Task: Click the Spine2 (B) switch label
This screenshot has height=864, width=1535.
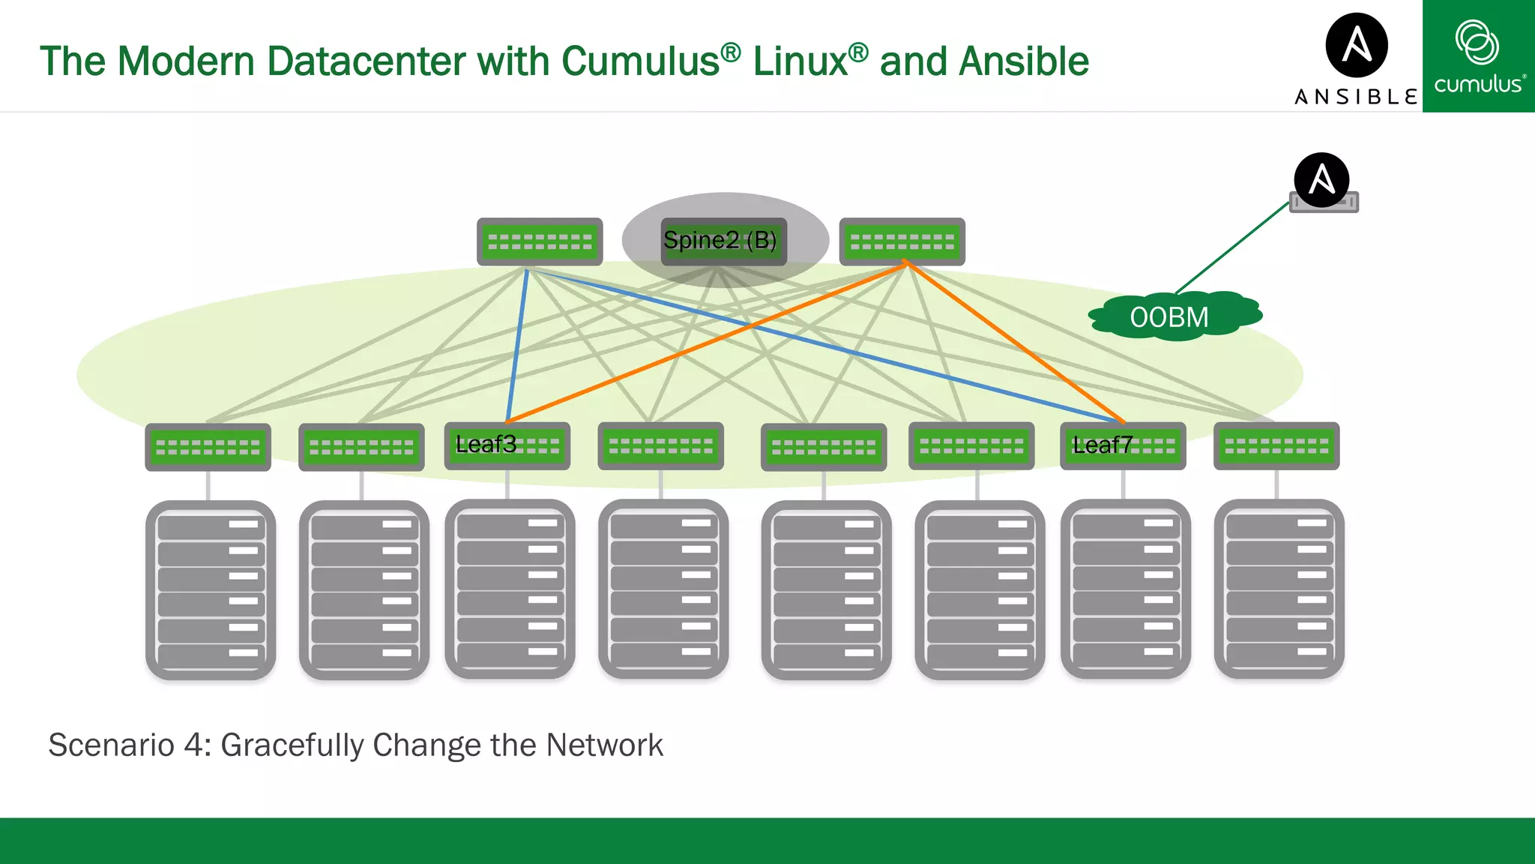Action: tap(720, 241)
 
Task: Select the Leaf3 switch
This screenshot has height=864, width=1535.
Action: tap(507, 445)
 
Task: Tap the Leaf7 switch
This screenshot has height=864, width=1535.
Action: tap(1123, 446)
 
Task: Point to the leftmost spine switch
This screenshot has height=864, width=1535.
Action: tap(540, 241)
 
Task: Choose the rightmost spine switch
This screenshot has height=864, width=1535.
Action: tap(902, 241)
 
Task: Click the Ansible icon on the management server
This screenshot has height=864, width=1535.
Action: tap(1321, 180)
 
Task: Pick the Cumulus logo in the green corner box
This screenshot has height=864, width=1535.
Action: tap(1478, 57)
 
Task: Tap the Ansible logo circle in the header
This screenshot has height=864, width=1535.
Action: tap(1357, 45)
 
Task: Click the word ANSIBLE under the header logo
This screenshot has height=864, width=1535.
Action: tap(1357, 97)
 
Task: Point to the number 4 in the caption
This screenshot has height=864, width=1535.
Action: tap(193, 745)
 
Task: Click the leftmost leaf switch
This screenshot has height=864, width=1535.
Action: tap(208, 447)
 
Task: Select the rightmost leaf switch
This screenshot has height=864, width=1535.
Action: tap(1276, 446)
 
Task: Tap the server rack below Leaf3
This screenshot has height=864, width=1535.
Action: tap(510, 589)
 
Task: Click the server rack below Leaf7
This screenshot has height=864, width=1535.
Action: tap(1126, 589)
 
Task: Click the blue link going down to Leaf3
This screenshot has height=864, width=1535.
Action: tap(517, 345)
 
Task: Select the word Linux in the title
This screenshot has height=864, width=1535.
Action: tap(800, 61)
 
